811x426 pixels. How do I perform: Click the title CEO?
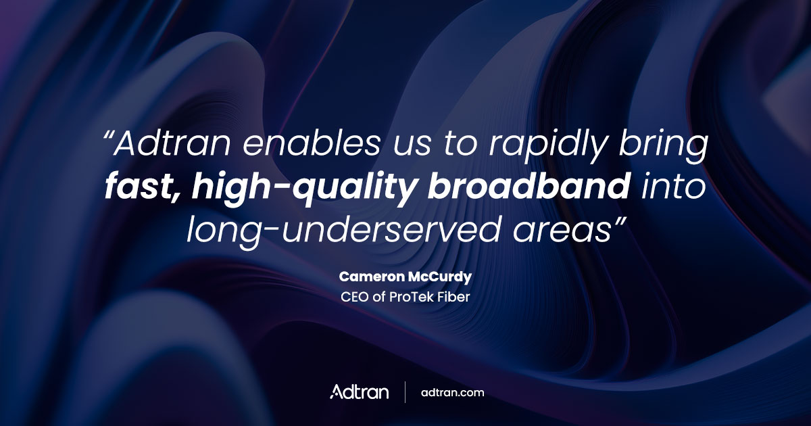[353, 296]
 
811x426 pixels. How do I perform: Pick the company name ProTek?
[408, 296]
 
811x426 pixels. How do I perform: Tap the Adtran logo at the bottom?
[359, 392]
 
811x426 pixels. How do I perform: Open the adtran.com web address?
[452, 392]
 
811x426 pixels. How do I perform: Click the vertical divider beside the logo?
[405, 392]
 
